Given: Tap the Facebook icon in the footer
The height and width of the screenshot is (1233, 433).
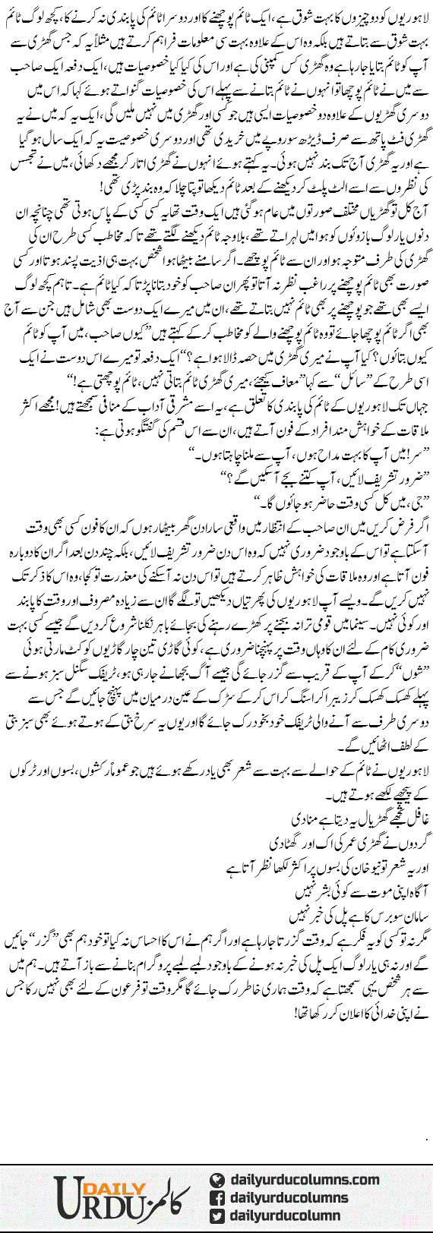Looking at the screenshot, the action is (x=217, y=1197).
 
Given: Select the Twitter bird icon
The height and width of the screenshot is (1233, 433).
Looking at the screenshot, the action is (x=217, y=1216).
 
